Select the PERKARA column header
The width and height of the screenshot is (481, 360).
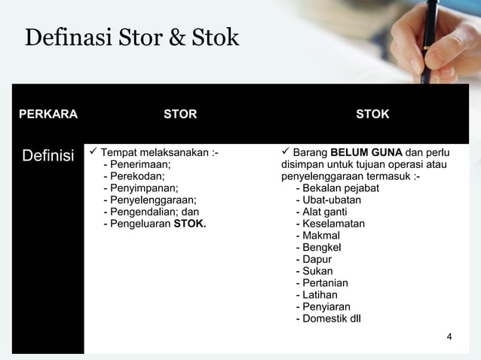pyautogui.click(x=48, y=114)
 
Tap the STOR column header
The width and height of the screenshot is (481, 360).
pyautogui.click(x=180, y=114)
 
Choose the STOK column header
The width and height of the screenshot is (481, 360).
pyautogui.click(x=372, y=114)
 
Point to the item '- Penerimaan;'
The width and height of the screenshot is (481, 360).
pyautogui.click(x=136, y=164)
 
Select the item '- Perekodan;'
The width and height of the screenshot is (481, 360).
pyautogui.click(x=133, y=176)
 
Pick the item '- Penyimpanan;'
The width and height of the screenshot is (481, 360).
pyautogui.click(x=140, y=188)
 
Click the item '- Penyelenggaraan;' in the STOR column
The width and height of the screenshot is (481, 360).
pyautogui.click(x=149, y=200)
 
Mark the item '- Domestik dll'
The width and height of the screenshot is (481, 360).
pyautogui.click(x=328, y=318)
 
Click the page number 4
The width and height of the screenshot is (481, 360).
pyautogui.click(x=449, y=336)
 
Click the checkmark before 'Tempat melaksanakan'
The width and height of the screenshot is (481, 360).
pyautogui.click(x=93, y=153)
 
